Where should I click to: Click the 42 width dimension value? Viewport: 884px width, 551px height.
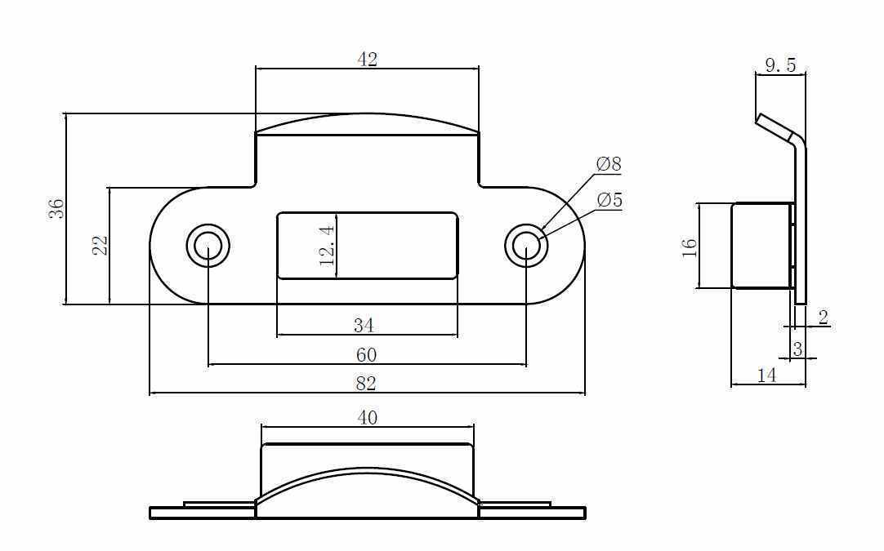click(367, 59)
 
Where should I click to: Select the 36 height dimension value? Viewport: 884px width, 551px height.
click(56, 209)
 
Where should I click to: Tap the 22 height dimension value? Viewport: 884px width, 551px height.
click(100, 245)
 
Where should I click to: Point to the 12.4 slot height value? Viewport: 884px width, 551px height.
click(327, 246)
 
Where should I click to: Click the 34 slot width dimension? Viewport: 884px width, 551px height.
click(364, 325)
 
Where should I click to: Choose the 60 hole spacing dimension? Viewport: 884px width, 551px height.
click(367, 355)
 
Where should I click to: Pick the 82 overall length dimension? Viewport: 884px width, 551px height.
click(366, 384)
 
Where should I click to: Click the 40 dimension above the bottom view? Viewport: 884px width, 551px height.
click(368, 418)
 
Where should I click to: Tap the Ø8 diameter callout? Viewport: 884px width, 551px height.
click(609, 164)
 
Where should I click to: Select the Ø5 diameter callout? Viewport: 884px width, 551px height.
click(609, 200)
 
